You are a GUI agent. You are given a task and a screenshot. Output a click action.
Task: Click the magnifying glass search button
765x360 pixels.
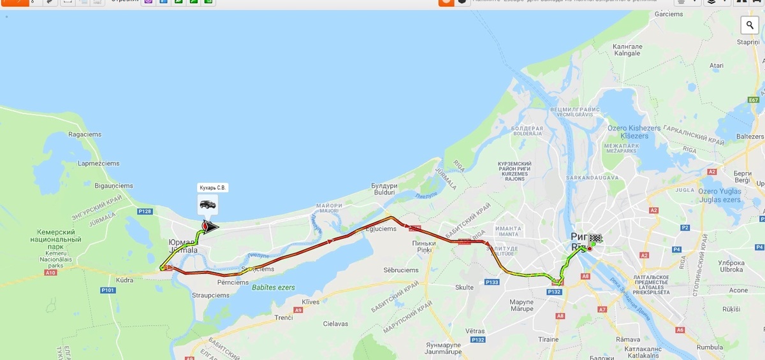pos(750,25)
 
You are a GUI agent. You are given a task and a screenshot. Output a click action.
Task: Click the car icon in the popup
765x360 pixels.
pos(207,205)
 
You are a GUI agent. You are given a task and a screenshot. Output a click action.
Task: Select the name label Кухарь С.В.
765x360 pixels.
pos(213,188)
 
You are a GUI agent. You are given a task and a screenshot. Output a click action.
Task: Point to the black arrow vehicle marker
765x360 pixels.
pos(210,226)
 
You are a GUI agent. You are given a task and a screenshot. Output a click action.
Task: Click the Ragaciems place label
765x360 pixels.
pos(85,134)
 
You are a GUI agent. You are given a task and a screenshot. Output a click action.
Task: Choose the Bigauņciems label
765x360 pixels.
pos(113,185)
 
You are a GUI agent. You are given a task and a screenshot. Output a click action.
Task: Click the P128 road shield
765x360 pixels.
pos(145,211)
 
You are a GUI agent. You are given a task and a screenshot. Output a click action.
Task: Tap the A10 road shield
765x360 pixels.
pos(50,272)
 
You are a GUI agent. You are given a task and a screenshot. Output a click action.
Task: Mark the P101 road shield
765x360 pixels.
pos(108,290)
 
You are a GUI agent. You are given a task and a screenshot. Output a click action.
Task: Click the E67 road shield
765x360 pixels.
pos(754,100)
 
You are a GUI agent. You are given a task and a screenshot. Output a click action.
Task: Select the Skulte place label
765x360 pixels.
pos(465,287)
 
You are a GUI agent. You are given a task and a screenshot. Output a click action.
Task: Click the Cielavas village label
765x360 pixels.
pos(335,324)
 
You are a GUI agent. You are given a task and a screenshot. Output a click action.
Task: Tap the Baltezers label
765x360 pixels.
pos(750,136)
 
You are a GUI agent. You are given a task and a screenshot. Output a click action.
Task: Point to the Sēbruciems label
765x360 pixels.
pos(401,270)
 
